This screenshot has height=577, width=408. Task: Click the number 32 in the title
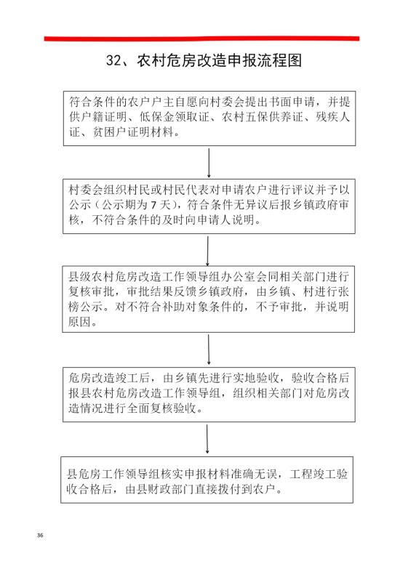(113, 61)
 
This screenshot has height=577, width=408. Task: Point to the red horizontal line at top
(201, 39)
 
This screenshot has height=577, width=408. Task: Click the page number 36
(40, 535)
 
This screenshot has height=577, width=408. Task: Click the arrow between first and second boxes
(209, 163)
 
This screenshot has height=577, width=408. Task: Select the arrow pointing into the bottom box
(207, 439)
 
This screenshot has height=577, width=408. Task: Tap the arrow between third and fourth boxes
(209, 350)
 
